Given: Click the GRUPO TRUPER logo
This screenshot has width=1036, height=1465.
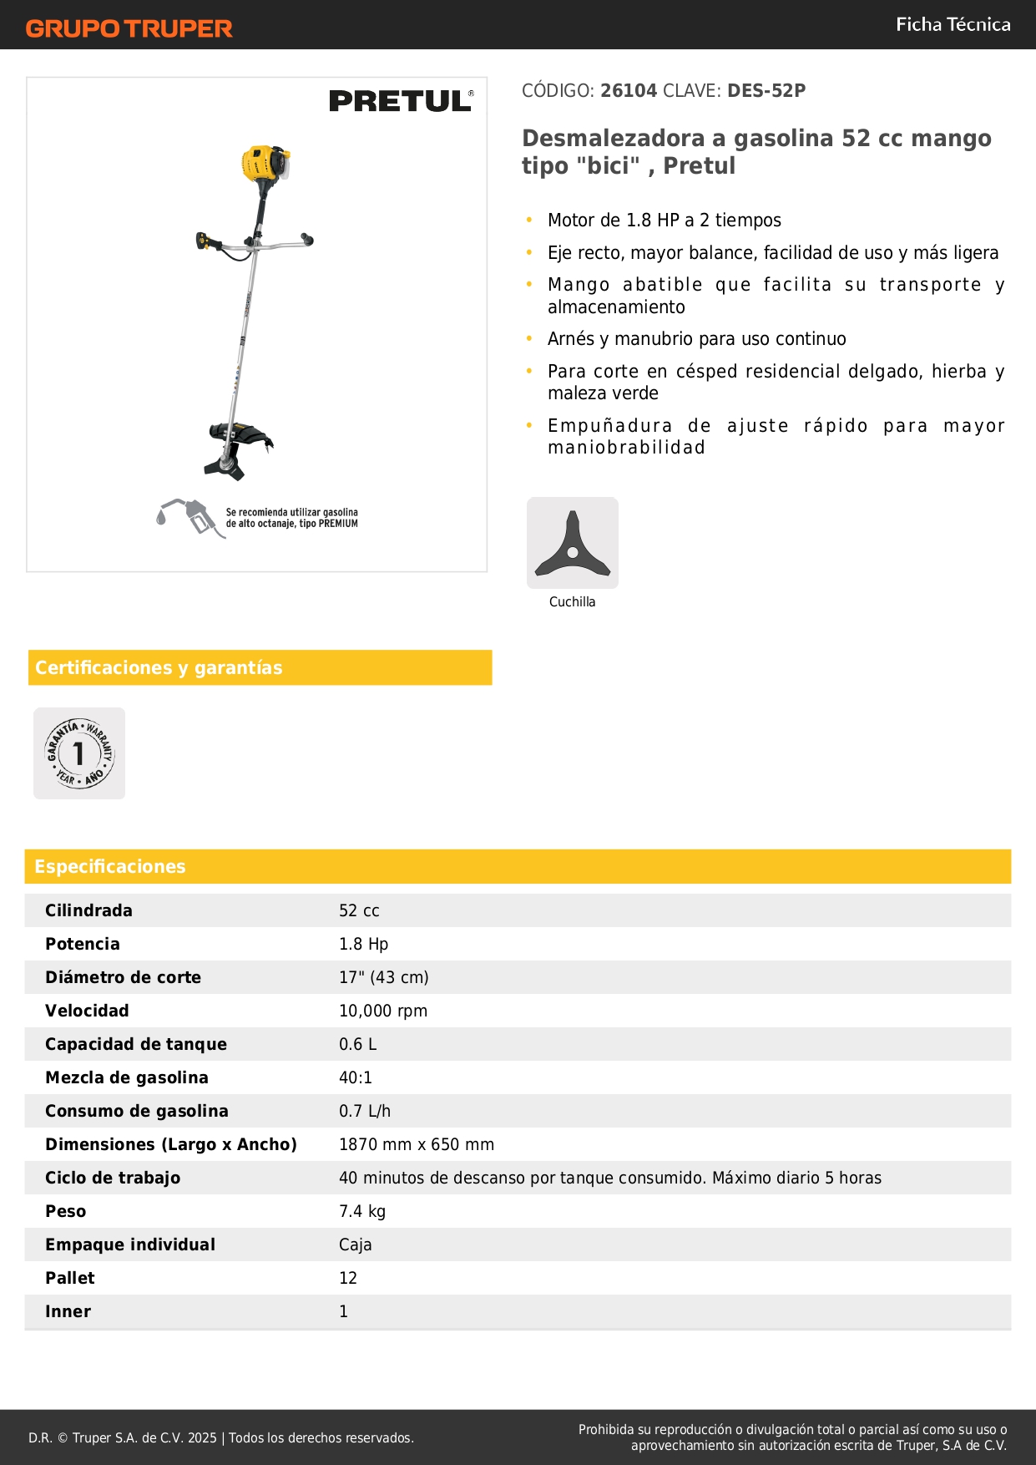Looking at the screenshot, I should [129, 28].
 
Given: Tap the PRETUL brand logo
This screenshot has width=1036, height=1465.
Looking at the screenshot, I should [401, 101].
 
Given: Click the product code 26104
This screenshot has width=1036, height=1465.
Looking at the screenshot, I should [629, 90].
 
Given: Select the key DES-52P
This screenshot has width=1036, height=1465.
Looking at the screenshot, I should [766, 90].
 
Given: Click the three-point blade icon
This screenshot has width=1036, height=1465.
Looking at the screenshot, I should [572, 544].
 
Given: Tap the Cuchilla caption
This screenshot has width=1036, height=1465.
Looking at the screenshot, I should [572, 601].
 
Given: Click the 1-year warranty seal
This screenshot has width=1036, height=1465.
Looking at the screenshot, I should [79, 753].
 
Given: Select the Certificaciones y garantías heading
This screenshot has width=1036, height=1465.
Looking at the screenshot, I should [159, 667].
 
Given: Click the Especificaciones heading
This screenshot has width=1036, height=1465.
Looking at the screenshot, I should [109, 866].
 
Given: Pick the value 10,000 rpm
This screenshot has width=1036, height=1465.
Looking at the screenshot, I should [382, 1011].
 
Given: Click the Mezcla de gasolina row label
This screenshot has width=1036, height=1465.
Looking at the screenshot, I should [126, 1077].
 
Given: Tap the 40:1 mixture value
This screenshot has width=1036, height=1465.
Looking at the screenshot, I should [355, 1077].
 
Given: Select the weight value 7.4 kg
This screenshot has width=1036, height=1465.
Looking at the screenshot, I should [361, 1211].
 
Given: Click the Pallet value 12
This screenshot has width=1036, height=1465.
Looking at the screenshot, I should [347, 1278].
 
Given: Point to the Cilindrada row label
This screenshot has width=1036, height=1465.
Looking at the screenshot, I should [88, 910].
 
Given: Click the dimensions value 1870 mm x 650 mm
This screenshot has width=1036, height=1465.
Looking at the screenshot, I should [416, 1144].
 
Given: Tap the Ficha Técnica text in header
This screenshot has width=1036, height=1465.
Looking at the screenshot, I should [953, 24].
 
